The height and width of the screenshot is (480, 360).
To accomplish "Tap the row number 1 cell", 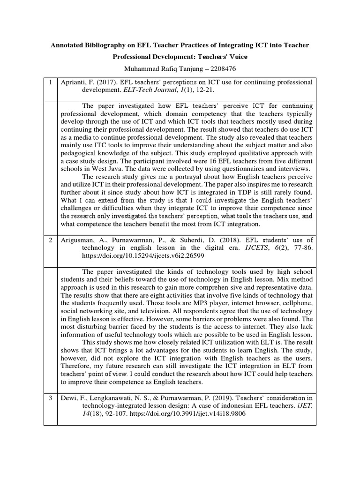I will (50, 82).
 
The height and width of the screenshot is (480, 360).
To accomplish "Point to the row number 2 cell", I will (50, 240).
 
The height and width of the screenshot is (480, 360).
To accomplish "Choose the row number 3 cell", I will (50, 398).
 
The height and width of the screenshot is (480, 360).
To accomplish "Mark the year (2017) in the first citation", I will (103, 82).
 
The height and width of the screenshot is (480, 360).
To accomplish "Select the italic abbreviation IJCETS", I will (249, 248).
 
